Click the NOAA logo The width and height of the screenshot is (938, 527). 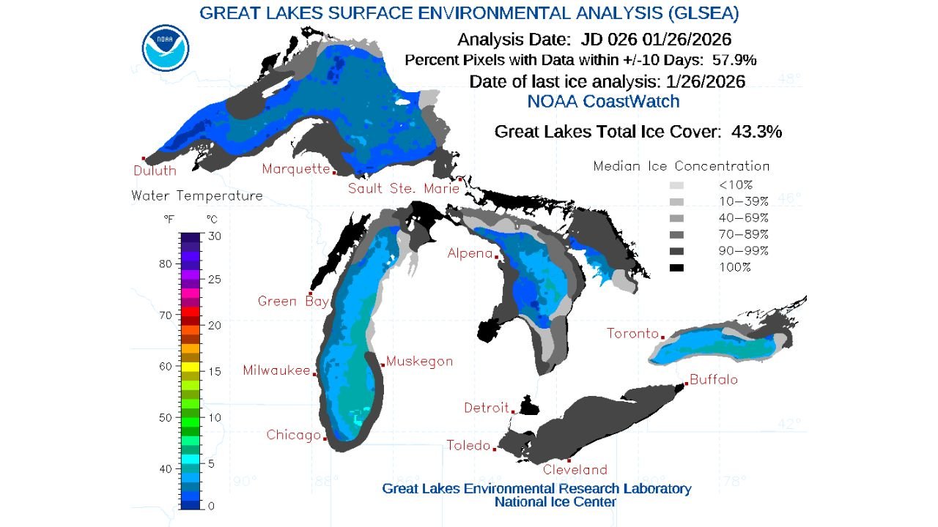[166, 48]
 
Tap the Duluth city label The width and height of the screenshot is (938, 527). [155, 171]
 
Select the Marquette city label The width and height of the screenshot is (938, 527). [296, 169]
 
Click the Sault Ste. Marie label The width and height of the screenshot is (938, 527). [403, 188]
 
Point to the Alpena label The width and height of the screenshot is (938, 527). [470, 253]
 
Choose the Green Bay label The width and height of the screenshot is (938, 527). [287, 301]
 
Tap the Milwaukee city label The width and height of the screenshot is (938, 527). [276, 370]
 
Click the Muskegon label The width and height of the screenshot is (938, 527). [419, 361]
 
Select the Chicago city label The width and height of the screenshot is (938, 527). [293, 435]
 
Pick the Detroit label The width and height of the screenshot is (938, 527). [486, 407]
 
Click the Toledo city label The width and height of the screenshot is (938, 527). [468, 445]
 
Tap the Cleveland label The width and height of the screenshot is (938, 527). [575, 469]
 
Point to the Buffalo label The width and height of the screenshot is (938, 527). [714, 380]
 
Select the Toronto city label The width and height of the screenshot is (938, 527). [632, 334]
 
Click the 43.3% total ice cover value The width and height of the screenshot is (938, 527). [756, 132]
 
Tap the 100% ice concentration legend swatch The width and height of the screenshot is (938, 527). [676, 268]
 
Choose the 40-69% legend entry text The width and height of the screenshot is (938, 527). [743, 217]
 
